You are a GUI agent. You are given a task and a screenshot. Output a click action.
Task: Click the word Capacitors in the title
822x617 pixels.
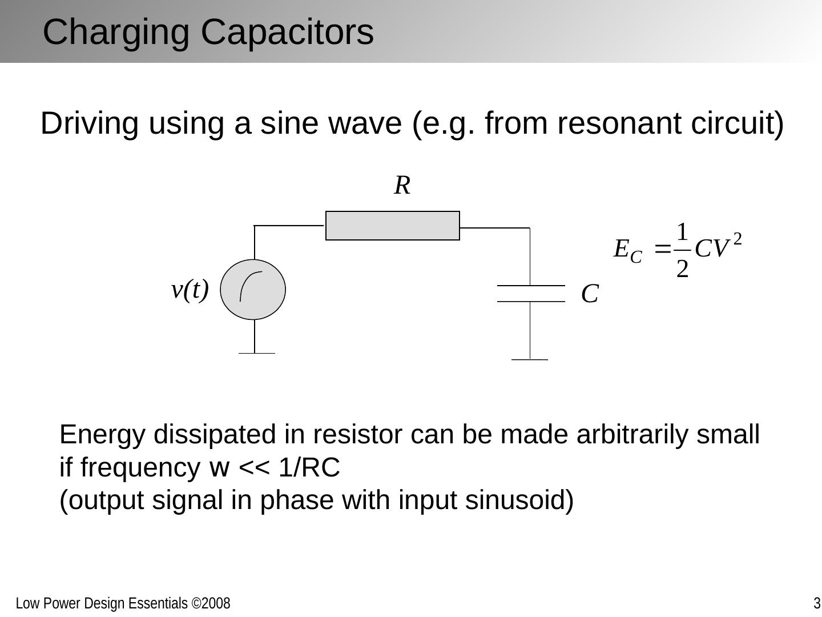287,32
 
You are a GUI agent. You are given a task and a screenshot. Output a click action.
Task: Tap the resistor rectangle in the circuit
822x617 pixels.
392,226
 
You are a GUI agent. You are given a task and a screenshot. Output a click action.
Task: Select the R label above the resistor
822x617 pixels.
402,186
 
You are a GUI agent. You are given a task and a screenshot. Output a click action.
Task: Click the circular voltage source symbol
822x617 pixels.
253,289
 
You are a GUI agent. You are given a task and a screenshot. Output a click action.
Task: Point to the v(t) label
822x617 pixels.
190,290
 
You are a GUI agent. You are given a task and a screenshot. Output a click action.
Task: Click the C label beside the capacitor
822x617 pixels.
590,295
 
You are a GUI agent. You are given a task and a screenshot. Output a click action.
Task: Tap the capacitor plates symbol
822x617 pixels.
530,293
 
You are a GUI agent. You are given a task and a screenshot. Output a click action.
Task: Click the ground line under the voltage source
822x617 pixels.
256,353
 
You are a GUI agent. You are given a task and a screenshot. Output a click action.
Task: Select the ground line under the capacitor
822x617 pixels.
530,359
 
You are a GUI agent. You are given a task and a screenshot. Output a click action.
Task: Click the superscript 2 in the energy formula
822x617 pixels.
737,239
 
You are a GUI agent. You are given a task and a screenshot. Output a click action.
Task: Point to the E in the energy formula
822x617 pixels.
621,249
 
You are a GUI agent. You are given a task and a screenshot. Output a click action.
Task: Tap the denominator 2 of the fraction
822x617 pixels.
682,268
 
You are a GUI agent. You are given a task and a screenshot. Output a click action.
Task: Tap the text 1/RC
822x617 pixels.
309,468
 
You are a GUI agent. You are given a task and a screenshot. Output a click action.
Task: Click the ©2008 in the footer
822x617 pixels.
211,604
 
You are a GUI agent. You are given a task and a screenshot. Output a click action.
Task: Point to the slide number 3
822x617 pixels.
817,604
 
